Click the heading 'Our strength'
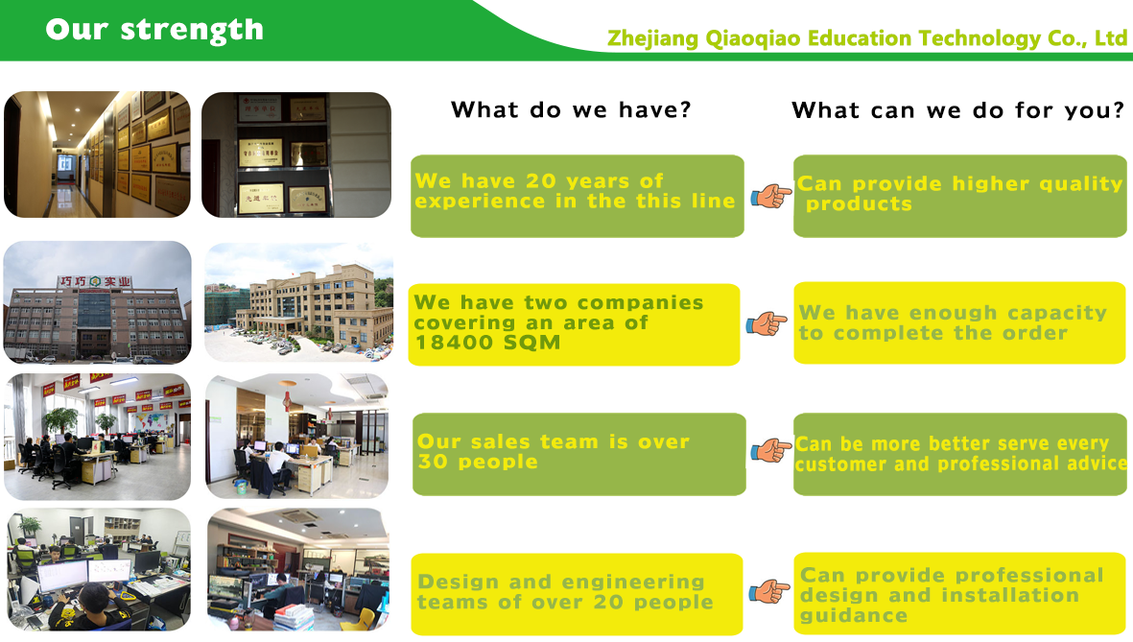click(154, 31)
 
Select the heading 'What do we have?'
click(571, 110)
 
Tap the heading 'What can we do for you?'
click(958, 110)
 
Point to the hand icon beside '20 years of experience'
click(771, 196)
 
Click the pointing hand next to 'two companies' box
click(766, 324)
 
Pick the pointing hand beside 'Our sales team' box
click(771, 450)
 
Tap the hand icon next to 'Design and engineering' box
click(768, 591)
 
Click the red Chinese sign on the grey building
click(95, 282)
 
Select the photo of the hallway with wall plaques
click(98, 155)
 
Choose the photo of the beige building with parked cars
click(299, 302)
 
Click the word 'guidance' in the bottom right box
click(854, 616)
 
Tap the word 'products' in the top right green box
click(860, 204)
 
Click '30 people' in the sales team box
click(478, 462)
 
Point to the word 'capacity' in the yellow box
click(1057, 313)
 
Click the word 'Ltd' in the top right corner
click(1111, 37)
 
